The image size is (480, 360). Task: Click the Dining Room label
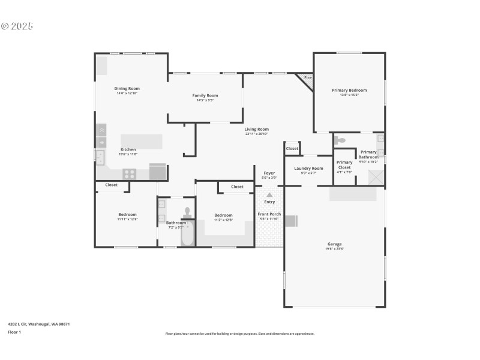coord(127,89)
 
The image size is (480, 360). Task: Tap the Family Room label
coord(205,95)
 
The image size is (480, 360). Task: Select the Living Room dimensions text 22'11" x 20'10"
coord(256,134)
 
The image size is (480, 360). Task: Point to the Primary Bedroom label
coord(349,91)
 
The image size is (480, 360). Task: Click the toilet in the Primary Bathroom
coord(340,140)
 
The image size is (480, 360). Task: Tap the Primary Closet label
coord(344,162)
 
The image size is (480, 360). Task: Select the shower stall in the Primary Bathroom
coord(376,178)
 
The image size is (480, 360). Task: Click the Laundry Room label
coord(308,169)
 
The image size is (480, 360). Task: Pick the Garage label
coord(335,244)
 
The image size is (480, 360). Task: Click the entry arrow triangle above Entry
coord(269,194)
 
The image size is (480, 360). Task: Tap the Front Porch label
coord(269,214)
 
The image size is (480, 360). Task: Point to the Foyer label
coord(269,173)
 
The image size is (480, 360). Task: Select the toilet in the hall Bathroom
coord(188,213)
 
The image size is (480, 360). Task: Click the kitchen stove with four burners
coord(129,174)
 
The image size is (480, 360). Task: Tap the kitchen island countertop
coord(142,141)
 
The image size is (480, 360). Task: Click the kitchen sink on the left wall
coord(100,158)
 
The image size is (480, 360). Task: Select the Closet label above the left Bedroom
coord(112,185)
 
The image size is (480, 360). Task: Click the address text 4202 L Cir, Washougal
coord(38,324)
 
